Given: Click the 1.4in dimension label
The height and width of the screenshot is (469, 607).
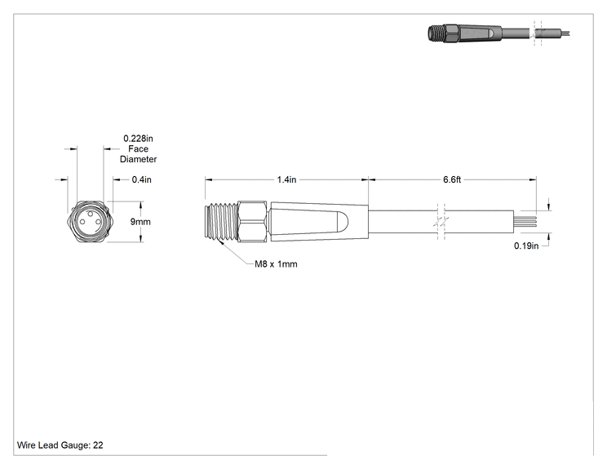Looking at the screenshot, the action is tap(286, 179).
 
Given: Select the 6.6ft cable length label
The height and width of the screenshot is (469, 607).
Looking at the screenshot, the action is tap(452, 179).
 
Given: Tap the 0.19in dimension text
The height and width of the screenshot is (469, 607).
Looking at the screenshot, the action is tap(526, 246).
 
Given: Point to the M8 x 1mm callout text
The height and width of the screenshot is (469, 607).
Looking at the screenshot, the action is tap(276, 264).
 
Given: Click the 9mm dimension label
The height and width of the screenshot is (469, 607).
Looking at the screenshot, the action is tap(140, 222).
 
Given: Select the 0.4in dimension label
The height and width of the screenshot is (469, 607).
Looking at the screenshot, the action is tap(142, 179).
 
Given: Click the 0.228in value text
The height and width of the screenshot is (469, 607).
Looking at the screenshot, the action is tap(138, 138).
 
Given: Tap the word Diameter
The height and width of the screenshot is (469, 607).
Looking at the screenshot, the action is tap(138, 159).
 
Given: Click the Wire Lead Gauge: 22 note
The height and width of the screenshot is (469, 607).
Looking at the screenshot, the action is tap(60, 445).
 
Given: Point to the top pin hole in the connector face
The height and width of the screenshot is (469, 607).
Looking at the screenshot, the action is tap(91, 214).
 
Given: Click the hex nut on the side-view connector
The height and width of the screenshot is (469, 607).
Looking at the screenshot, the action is tap(252, 222).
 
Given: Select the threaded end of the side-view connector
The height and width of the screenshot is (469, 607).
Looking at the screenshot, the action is tap(221, 222).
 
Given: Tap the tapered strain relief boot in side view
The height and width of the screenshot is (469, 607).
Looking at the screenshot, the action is tap(319, 222).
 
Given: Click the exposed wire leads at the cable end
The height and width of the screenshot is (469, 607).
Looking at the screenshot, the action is tap(525, 222).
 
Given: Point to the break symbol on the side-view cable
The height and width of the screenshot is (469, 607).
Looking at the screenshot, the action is tap(441, 222).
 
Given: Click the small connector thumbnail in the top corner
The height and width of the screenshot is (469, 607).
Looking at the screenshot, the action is tap(499, 33).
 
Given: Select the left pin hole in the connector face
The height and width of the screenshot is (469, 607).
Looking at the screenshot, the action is tap(82, 222).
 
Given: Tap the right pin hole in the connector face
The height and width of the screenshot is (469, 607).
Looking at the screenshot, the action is tap(99, 222).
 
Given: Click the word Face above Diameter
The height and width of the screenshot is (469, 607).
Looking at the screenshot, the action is tap(138, 148).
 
